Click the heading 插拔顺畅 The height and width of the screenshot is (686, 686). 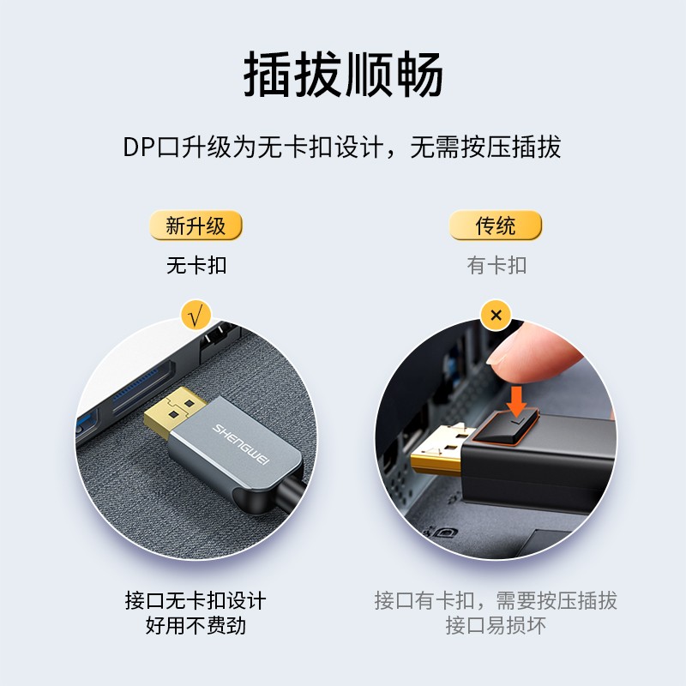pos(343,75)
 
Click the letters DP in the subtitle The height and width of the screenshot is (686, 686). pos(138,147)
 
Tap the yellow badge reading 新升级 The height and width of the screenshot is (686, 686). pos(196,226)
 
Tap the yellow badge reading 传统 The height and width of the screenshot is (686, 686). pos(496,226)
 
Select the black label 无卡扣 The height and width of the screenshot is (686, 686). pos(196,265)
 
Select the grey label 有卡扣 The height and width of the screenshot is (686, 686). pos(496,265)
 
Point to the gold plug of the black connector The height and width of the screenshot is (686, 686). pos(437,459)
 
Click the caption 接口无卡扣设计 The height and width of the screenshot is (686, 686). pos(196,599)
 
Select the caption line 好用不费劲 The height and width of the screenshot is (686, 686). pos(196,625)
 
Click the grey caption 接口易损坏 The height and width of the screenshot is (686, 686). pos(496,625)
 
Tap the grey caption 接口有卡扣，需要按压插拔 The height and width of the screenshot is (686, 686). pos(496,599)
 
